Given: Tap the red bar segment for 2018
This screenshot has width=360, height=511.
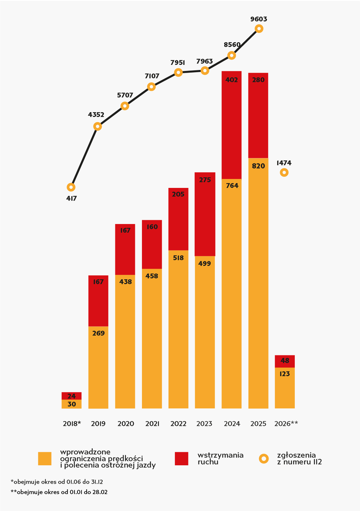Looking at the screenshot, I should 71,396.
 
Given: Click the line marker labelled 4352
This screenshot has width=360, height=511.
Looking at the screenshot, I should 98,127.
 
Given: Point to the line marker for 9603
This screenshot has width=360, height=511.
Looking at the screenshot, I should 259,29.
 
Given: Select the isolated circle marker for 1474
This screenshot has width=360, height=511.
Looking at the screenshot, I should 284,173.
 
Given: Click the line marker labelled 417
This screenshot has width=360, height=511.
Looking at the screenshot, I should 71,187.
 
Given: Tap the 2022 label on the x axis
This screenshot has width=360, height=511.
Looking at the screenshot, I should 178,424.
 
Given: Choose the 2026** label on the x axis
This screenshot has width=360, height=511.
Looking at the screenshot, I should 286,424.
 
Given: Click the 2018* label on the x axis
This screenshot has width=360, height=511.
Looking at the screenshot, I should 72,424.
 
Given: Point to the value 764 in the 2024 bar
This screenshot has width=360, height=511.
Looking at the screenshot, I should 232,186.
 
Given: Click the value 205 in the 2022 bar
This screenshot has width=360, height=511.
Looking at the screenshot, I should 178,194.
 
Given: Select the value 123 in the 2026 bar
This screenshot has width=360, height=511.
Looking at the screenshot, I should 284,374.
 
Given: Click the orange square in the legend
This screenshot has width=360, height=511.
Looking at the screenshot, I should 45,459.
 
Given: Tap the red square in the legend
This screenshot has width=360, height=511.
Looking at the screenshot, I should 182,458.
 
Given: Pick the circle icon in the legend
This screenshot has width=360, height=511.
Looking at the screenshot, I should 264,458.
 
